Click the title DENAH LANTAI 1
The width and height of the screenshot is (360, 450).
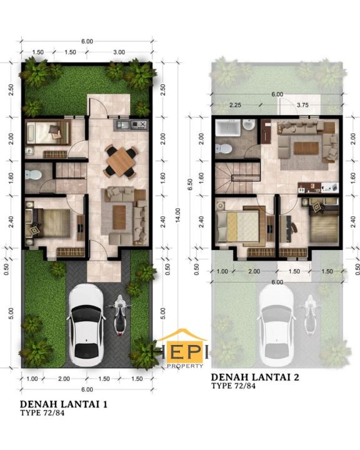tap(64, 404)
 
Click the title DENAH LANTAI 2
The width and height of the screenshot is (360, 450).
tap(255, 376)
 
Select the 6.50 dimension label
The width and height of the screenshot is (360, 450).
tap(190, 184)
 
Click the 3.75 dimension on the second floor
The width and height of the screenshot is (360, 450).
tap(302, 105)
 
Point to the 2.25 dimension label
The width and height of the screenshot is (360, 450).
tap(235, 105)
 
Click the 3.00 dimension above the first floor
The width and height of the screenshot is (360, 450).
tap(119, 52)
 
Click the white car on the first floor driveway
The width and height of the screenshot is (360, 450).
tap(86, 325)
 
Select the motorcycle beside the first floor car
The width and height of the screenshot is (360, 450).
tap(120, 315)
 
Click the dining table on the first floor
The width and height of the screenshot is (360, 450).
tap(121, 162)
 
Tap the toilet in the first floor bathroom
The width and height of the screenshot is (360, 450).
tap(33, 174)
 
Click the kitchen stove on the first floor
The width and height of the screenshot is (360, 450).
tap(139, 124)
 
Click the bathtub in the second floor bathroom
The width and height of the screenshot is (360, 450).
tap(228, 128)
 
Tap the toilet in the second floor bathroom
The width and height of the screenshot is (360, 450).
tap(223, 149)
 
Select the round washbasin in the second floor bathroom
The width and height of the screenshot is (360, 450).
tap(248, 125)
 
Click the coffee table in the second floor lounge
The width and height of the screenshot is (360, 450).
tap(306, 148)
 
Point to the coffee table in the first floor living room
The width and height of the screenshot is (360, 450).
tap(119, 217)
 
